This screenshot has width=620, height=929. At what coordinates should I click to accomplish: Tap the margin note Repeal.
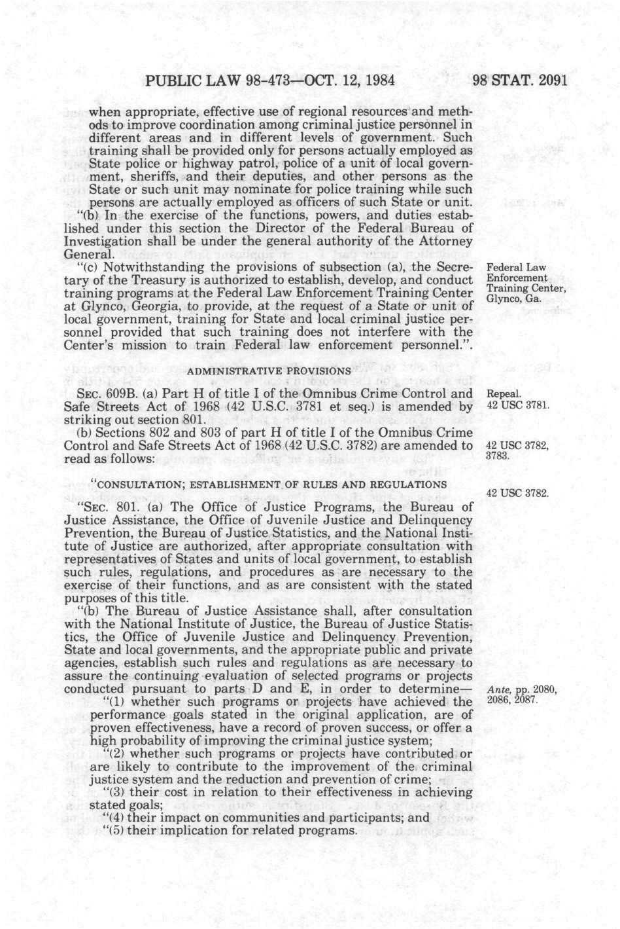pos(504,394)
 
